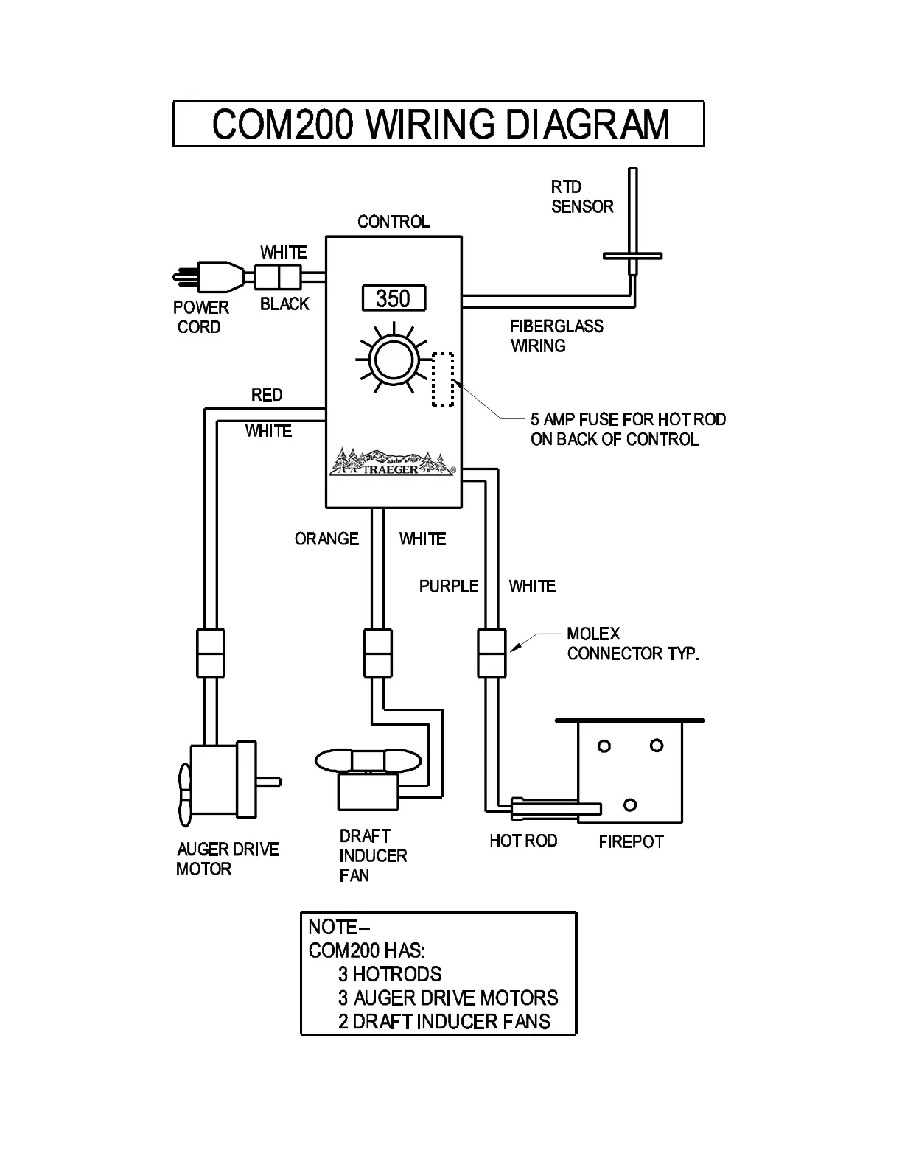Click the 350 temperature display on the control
point(394,298)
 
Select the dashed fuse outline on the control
point(442,379)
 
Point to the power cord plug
point(210,277)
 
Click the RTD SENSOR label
point(581,197)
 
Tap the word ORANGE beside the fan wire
point(326,539)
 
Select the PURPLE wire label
point(449,586)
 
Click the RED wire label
point(266,395)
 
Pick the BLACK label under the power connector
point(284,304)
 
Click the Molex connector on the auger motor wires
point(209,653)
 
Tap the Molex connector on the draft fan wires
point(378,653)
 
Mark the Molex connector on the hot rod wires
point(492,653)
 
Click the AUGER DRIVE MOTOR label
point(227,859)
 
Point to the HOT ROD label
point(522,841)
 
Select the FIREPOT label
point(631,841)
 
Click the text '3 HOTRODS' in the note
point(389,974)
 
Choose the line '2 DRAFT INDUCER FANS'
point(444,1021)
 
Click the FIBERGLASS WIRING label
point(556,336)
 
